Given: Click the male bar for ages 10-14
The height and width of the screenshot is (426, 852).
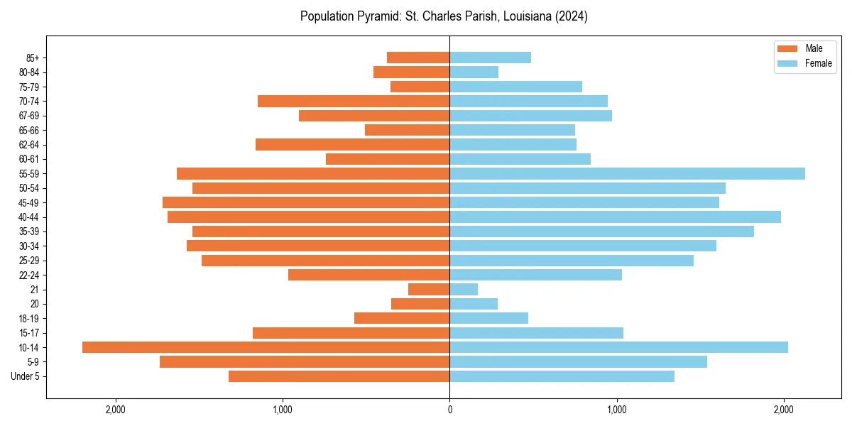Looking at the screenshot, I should (x=266, y=347).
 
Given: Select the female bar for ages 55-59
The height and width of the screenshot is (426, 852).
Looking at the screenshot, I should (x=627, y=173).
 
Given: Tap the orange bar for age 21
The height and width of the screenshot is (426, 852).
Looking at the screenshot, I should (x=429, y=290).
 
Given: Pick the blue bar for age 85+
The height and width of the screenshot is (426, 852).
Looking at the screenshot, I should (x=490, y=58).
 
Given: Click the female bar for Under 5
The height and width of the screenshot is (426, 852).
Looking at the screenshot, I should (x=562, y=376).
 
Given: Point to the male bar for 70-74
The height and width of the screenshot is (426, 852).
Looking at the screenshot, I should (x=354, y=101).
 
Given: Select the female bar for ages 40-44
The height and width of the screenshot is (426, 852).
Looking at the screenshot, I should (x=615, y=217).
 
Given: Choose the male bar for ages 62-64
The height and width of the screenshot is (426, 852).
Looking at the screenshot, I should (x=352, y=144).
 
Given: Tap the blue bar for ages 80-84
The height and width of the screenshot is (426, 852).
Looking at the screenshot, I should (x=474, y=72).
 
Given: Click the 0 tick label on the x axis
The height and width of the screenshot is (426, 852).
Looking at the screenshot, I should (x=449, y=409).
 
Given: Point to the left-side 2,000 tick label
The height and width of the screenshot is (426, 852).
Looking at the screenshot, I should (x=115, y=409).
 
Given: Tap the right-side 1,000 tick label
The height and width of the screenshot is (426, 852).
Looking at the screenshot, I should (x=616, y=409).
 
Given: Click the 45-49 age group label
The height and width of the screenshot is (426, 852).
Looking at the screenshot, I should (x=29, y=202).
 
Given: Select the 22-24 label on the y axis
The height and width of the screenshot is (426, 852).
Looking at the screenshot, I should (x=29, y=275).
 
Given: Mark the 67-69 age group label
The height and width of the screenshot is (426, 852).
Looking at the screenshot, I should (x=29, y=116).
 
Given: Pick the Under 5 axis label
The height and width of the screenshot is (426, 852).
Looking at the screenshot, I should (x=26, y=376).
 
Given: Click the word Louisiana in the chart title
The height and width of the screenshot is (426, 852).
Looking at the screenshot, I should (x=528, y=16).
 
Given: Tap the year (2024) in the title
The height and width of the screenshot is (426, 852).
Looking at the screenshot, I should (x=573, y=16).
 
